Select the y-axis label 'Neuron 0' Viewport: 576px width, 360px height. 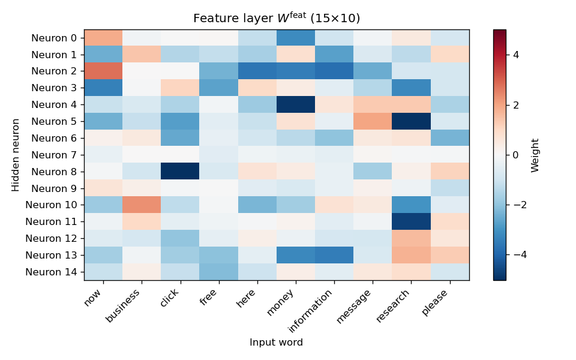click(53, 38)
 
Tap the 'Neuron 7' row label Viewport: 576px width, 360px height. click(53, 155)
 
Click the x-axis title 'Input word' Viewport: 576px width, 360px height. click(276, 343)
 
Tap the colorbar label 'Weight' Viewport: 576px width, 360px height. click(535, 155)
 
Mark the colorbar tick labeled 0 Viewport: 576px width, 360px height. click(515, 155)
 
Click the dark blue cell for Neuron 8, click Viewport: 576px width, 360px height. click(180, 172)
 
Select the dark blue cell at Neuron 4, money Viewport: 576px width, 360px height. click(296, 105)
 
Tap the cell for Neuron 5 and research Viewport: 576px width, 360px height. click(411, 122)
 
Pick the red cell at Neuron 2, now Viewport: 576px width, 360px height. click(103, 71)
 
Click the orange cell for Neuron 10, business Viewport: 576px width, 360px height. click(142, 205)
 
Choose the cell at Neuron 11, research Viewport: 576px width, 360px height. click(411, 222)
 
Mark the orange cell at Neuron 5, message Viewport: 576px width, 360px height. click(373, 122)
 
